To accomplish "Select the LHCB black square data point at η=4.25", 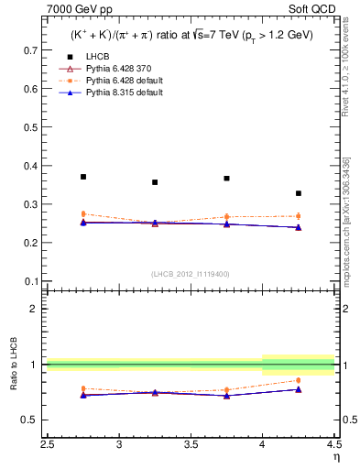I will click(299, 193).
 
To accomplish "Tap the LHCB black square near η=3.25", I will click(155, 182).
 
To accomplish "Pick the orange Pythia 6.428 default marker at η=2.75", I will click(83, 213).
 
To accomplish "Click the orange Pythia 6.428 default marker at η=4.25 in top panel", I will click(299, 216).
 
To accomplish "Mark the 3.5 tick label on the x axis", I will click(191, 445).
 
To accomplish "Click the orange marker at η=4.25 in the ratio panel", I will click(299, 380).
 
